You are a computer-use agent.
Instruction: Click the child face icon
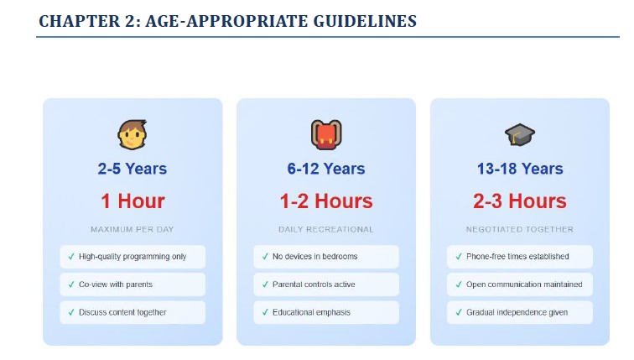133,134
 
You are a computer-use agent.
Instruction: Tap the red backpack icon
326,134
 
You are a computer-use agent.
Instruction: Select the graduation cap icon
520,134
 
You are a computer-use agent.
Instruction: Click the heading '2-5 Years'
133,170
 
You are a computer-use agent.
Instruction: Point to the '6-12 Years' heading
326,170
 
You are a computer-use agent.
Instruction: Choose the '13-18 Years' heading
520,170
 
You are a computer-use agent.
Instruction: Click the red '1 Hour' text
133,201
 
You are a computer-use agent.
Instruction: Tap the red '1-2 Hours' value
326,201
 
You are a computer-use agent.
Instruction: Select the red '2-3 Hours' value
520,201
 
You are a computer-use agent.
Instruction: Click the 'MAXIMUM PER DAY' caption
133,229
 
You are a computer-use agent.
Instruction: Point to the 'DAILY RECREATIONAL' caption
326,229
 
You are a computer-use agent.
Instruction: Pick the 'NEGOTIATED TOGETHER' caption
520,229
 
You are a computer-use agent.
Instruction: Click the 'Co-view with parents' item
116,284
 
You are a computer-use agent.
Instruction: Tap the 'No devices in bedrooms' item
314,257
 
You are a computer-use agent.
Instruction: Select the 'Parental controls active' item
314,284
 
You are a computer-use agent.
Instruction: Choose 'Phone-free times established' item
517,257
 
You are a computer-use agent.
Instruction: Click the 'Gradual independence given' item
517,312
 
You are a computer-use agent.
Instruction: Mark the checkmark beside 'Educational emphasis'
265,312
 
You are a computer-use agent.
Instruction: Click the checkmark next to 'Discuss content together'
71,312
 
